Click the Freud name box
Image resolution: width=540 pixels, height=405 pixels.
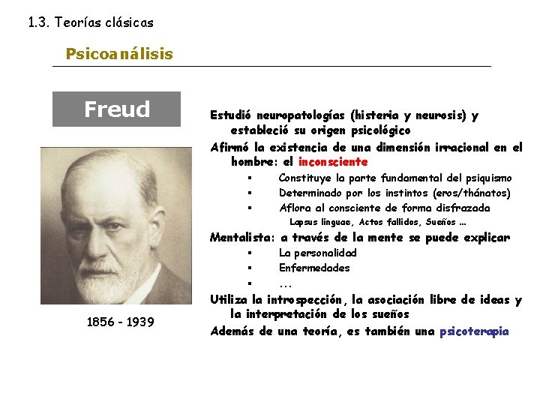click(x=116, y=109)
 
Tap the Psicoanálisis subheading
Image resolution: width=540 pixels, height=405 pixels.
click(x=119, y=54)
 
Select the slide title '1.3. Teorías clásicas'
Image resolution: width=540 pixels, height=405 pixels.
click(x=91, y=22)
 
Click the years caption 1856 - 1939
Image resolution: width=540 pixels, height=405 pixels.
click(x=121, y=322)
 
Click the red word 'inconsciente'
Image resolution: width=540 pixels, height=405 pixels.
click(x=333, y=161)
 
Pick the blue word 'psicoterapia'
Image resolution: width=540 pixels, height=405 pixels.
click(x=474, y=331)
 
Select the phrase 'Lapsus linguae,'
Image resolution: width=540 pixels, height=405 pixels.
click(x=322, y=222)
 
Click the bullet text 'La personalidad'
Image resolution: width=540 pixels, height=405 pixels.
click(x=318, y=253)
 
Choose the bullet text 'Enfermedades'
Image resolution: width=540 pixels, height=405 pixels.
click(x=314, y=268)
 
